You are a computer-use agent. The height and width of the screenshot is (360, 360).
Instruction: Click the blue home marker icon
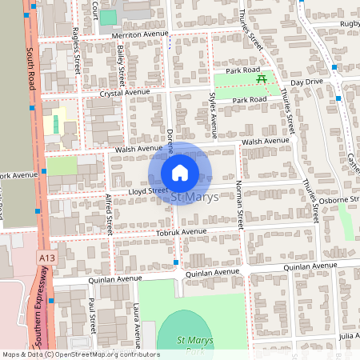click(x=180, y=173)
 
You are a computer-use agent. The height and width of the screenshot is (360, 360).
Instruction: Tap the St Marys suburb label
click(x=195, y=197)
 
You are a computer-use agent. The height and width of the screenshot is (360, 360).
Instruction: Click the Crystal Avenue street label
click(x=126, y=94)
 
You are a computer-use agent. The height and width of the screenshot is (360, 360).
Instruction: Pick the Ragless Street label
click(x=76, y=50)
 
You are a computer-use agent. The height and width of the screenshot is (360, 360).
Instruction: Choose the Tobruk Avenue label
click(x=181, y=232)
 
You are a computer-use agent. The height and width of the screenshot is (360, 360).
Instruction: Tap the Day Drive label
click(x=306, y=82)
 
